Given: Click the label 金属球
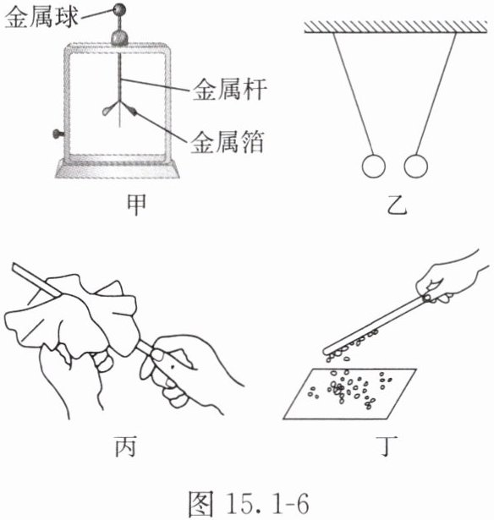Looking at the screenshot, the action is [x=41, y=17].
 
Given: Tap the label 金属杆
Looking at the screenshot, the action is [x=230, y=89].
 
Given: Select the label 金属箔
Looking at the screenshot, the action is [x=228, y=142].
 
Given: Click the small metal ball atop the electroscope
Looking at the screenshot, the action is [x=119, y=9].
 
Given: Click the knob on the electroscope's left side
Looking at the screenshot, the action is [x=59, y=134].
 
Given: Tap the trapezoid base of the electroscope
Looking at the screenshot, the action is [x=117, y=169].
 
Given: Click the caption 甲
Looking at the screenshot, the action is [x=136, y=205].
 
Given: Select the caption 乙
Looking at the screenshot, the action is [x=397, y=205].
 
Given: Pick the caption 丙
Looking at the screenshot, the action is [x=126, y=446].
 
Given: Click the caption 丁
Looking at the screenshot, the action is [x=387, y=446].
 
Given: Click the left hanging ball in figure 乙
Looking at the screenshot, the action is [x=374, y=167].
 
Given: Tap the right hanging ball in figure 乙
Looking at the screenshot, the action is [x=415, y=166].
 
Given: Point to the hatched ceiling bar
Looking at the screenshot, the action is [x=396, y=27].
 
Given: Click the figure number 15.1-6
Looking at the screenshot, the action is [x=267, y=503].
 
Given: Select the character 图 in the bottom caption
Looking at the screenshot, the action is [x=200, y=503].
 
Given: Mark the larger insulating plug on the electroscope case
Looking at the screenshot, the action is [x=119, y=39].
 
